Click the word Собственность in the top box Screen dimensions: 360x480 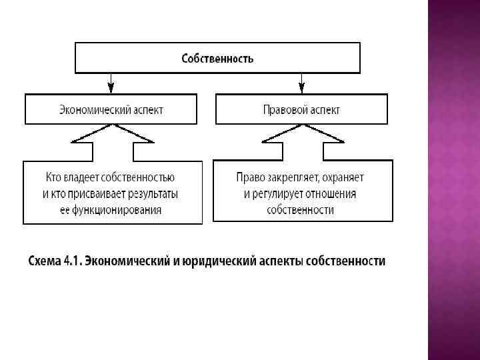coord(217,58)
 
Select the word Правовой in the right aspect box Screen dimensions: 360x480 coord(283,109)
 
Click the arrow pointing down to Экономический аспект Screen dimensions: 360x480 coord(111,84)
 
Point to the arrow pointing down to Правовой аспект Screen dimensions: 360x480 coord(301,84)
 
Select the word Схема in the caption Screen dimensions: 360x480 coord(43,261)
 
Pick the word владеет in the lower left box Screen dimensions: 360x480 coord(83,178)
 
